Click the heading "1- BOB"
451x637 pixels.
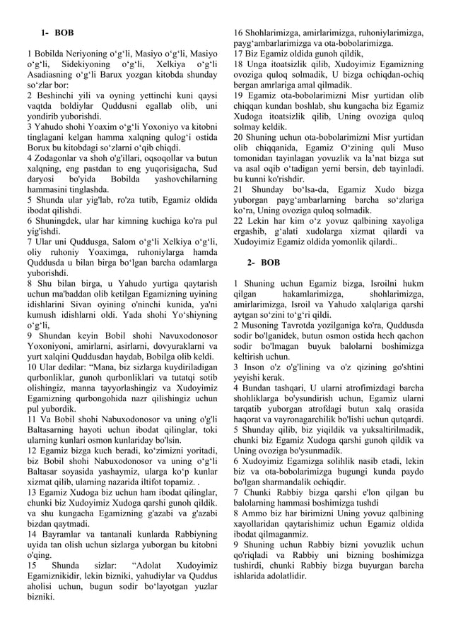click(57, 33)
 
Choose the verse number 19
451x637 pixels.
click(239, 95)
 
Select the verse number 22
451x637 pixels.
click(239, 220)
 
